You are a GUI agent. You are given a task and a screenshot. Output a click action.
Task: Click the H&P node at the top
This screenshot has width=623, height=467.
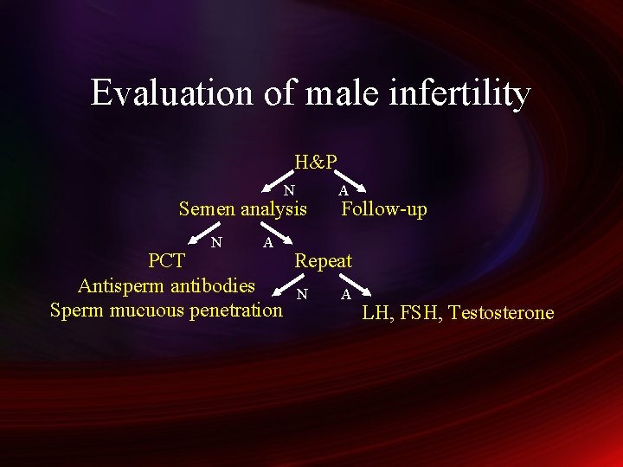point(316,162)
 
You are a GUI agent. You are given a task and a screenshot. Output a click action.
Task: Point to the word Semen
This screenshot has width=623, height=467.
point(207,209)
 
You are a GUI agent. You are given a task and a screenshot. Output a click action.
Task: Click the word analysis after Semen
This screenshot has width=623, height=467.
point(273,209)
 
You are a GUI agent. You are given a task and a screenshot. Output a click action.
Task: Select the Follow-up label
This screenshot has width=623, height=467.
point(384,209)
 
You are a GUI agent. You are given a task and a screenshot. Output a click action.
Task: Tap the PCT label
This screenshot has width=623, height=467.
point(166,260)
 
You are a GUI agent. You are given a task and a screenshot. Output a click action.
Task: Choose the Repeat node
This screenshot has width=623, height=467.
point(324,260)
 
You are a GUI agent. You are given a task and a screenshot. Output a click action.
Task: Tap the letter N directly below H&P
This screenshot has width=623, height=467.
point(290,190)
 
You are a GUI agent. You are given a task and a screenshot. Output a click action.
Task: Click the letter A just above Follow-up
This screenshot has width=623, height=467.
point(344,190)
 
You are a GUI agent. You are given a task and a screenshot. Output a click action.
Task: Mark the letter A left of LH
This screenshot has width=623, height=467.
point(346,295)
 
